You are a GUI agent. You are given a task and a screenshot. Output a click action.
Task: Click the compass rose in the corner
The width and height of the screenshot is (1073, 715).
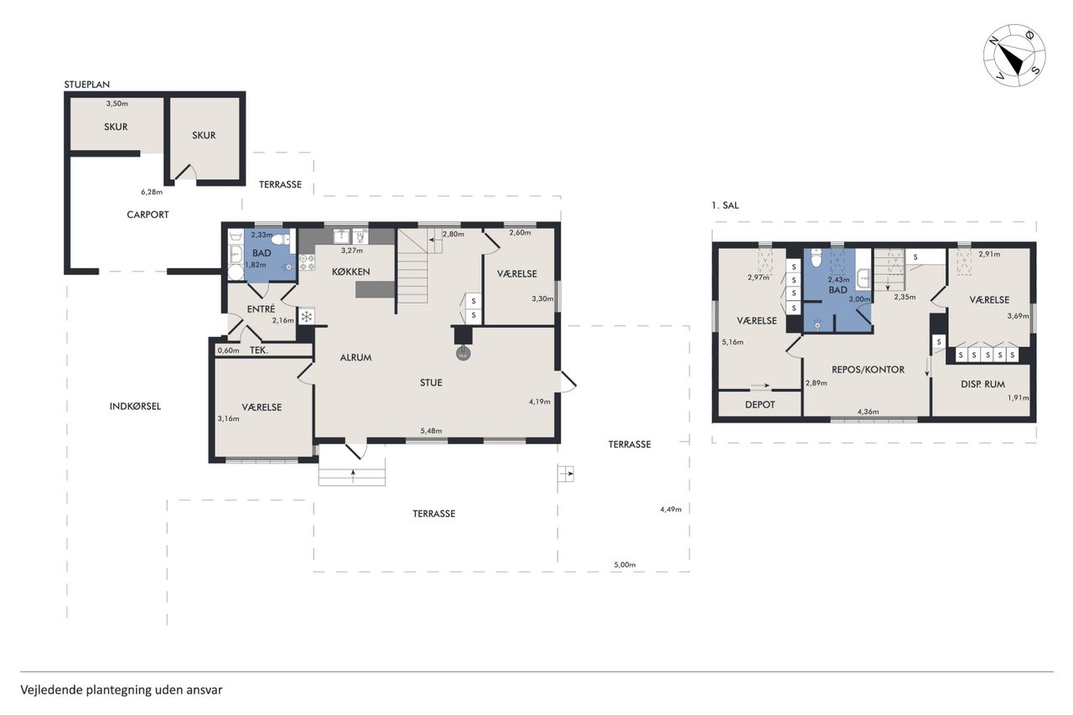click(x=1014, y=55)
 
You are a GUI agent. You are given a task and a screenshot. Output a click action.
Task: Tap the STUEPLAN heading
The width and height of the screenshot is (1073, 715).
click(x=86, y=85)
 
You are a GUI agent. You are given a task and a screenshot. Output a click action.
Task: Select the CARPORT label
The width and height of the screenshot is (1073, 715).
click(x=148, y=215)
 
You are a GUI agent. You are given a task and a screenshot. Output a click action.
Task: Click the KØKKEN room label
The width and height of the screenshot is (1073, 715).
click(x=351, y=272)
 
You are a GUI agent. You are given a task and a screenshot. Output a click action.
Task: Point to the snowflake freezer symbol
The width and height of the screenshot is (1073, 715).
click(x=306, y=316)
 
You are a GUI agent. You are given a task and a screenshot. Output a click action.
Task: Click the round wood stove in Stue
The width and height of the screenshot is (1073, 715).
click(x=463, y=354)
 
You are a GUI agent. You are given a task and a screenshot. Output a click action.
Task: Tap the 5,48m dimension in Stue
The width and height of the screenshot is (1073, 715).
click(x=431, y=431)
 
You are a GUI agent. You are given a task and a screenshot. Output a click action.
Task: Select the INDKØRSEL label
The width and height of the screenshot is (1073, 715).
click(x=135, y=406)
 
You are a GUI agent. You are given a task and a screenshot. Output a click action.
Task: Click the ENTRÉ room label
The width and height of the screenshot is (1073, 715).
click(x=261, y=309)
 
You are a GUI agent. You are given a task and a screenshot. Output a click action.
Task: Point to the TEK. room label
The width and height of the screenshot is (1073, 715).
click(x=259, y=350)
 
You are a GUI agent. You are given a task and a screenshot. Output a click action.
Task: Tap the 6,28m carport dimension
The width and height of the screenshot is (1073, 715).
click(x=152, y=192)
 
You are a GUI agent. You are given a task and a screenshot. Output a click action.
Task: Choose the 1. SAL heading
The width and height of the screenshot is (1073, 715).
click(x=725, y=205)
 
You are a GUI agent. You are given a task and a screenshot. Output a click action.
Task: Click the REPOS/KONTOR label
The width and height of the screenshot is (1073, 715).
click(x=868, y=369)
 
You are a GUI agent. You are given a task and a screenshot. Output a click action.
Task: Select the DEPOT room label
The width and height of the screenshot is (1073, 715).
click(x=759, y=405)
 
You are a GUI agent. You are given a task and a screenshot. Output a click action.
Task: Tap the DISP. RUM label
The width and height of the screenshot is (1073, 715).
click(x=982, y=384)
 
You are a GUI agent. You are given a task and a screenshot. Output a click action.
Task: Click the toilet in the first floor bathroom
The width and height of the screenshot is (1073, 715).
click(x=816, y=258)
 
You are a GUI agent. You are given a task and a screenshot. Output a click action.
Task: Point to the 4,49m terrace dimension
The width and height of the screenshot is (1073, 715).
click(x=671, y=509)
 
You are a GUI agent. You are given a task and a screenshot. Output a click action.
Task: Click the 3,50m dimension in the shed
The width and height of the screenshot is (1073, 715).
click(x=117, y=103)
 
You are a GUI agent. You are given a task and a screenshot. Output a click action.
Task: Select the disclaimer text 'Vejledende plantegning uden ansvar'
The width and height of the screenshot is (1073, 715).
click(x=122, y=690)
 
